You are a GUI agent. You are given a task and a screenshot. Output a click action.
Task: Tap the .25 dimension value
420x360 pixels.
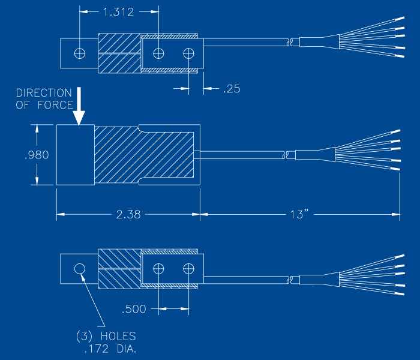coord(231,89)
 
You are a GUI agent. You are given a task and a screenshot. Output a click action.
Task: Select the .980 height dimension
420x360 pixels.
coord(37,155)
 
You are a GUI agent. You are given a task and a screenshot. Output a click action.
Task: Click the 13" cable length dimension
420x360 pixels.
coord(298,214)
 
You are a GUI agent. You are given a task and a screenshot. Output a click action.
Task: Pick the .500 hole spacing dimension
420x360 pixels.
coord(134,310)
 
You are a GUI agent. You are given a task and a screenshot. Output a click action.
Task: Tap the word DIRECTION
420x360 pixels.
coord(44,93)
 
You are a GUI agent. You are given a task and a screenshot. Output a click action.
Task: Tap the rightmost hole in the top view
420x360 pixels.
coord(189,53)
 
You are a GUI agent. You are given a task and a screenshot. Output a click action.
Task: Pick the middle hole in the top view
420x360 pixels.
coord(158,53)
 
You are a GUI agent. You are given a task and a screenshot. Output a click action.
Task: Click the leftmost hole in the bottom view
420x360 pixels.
coord(79,268)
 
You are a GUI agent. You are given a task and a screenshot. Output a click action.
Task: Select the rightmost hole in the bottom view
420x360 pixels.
coord(189,268)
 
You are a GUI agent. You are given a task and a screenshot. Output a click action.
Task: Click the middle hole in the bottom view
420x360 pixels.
coord(158,268)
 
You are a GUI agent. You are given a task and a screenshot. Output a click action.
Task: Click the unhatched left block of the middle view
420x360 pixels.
coord(75,155)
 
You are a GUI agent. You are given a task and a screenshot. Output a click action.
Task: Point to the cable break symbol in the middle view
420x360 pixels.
coord(287,155)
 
